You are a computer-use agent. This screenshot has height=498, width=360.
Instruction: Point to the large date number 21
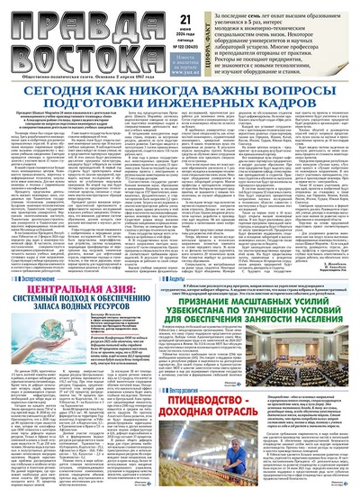point(160,17)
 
